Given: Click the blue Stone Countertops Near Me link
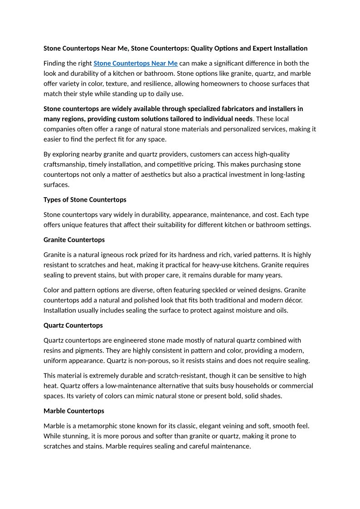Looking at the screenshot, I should [135, 63].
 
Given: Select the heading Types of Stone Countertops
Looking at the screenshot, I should [85, 200].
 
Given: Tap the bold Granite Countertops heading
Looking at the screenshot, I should [74, 240].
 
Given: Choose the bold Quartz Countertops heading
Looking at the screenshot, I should [73, 325].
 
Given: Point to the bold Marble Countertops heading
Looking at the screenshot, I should [74, 411].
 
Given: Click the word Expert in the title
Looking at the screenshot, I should [249, 48].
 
